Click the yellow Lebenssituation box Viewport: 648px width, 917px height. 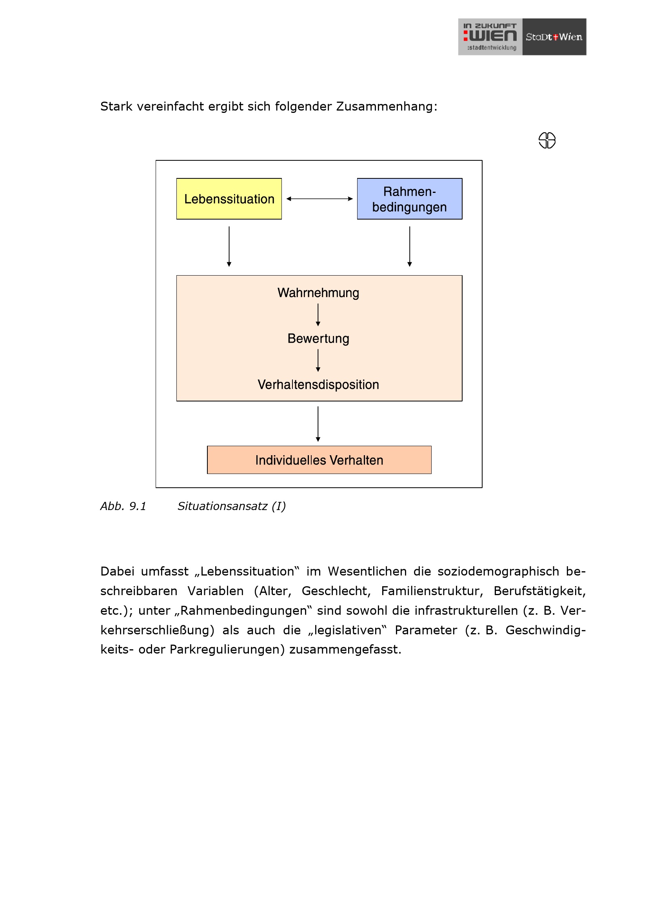[229, 198]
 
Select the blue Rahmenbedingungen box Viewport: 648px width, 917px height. [409, 198]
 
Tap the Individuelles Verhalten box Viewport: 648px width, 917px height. [319, 460]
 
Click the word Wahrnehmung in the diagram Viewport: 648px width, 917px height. [318, 293]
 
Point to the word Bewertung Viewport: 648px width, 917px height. [318, 338]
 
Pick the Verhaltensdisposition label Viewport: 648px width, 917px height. [318, 384]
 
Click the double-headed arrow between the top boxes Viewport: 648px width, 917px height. [319, 198]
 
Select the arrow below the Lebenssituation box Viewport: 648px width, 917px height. [229, 246]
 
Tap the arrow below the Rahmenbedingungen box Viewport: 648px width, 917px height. [409, 246]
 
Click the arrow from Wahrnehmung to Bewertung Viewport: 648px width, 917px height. [318, 315]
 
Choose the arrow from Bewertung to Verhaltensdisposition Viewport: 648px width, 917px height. [318, 360]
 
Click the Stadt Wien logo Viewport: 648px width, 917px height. [554, 37]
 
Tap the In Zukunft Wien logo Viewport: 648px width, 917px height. [490, 37]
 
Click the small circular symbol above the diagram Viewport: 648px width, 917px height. [546, 140]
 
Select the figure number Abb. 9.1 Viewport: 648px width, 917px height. [123, 506]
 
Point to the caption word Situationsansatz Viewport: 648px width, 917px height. [222, 506]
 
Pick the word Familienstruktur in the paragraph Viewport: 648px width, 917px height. [432, 591]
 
